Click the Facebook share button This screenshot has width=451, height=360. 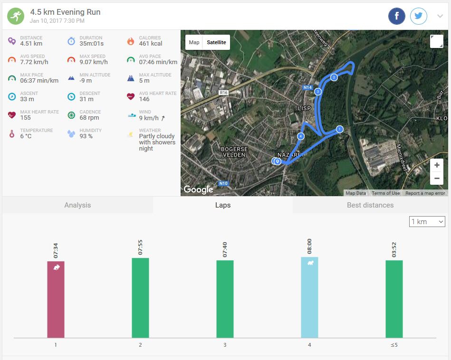tap(397, 16)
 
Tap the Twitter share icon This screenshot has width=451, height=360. tap(418, 16)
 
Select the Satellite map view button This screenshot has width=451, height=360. tap(217, 42)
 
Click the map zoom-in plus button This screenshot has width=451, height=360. tap(437, 165)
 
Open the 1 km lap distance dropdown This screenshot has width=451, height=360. tap(427, 221)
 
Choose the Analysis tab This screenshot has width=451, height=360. tap(77, 205)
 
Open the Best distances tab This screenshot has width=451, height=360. tap(370, 205)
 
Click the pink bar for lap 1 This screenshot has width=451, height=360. tap(56, 299)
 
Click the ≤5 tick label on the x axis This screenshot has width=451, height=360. tap(394, 345)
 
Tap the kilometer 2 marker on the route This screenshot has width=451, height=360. tap(334, 77)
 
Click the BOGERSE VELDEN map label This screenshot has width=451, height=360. tap(234, 152)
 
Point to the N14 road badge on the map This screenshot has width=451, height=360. tap(307, 87)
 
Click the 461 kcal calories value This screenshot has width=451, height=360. tap(150, 44)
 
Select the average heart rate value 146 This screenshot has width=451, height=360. tap(144, 99)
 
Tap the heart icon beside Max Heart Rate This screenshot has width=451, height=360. tap(12, 115)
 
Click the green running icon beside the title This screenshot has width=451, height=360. tap(16, 16)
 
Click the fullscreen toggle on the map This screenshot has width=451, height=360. tap(436, 41)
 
